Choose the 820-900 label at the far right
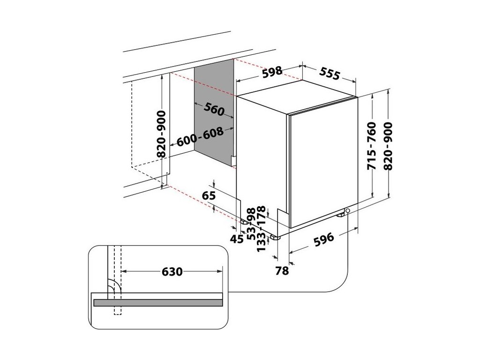(389, 146)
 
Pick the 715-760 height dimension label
(372, 146)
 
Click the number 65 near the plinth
(210, 195)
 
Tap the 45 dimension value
(237, 239)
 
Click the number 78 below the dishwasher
(282, 270)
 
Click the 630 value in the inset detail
(171, 271)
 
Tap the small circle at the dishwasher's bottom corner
(348, 211)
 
